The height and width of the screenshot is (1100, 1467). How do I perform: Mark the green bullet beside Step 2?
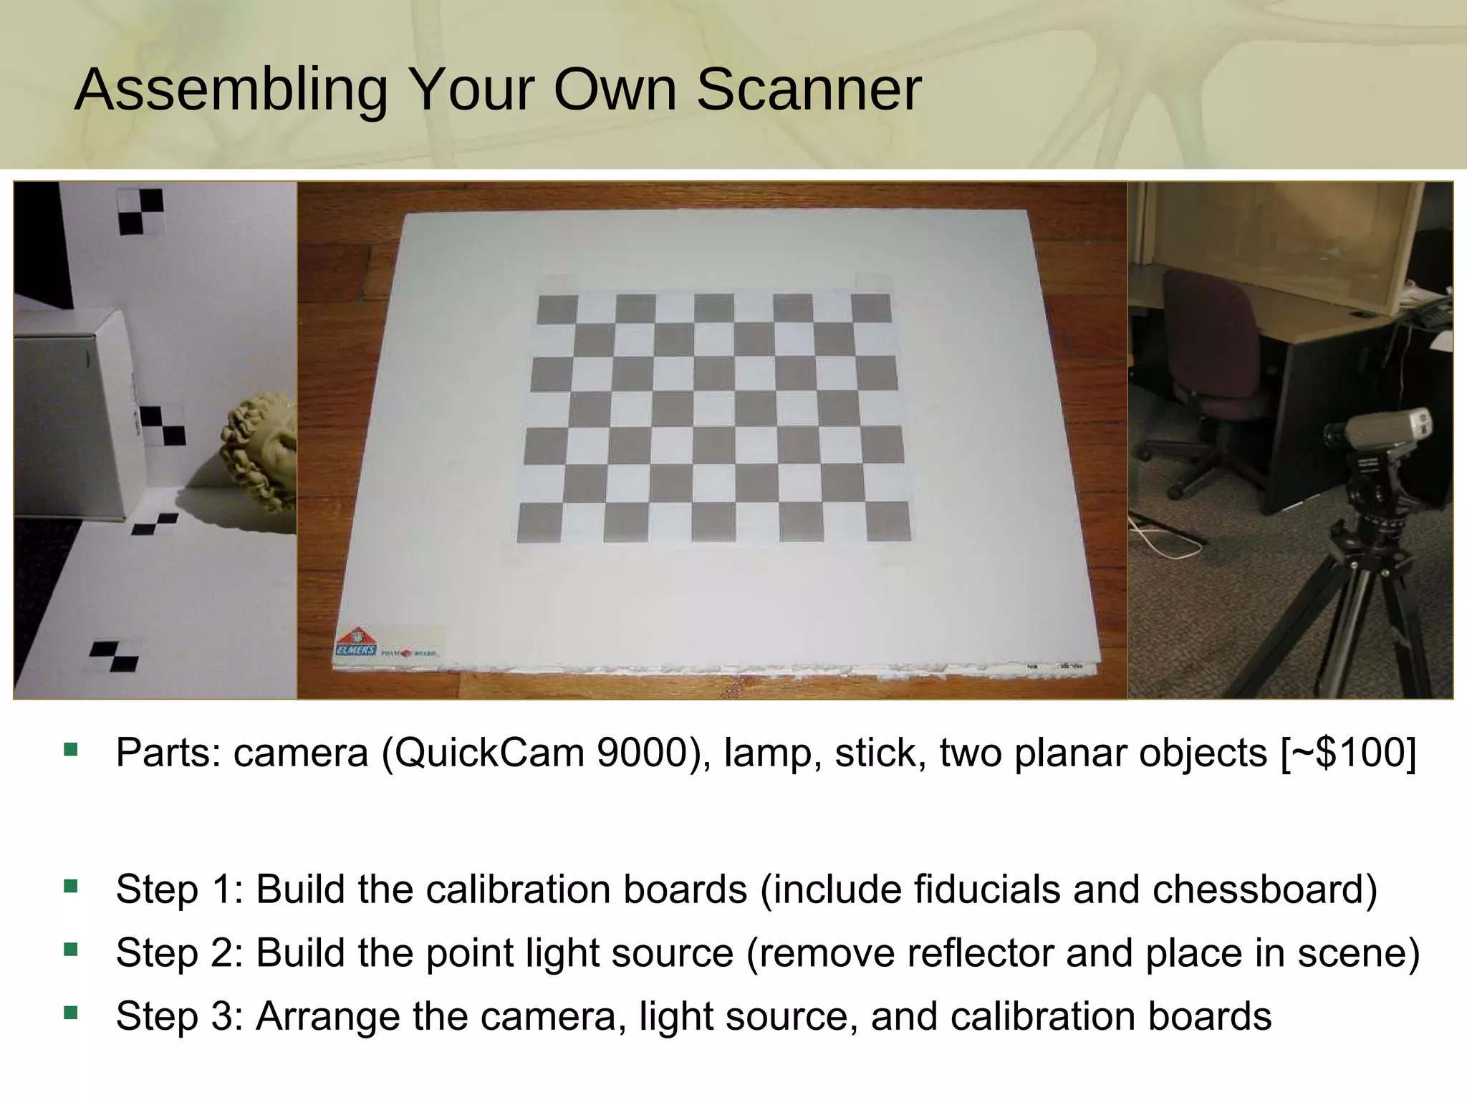click(x=70, y=950)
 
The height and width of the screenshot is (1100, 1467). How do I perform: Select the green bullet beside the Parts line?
click(x=70, y=750)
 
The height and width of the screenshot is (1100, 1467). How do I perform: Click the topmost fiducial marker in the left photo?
click(x=141, y=212)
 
